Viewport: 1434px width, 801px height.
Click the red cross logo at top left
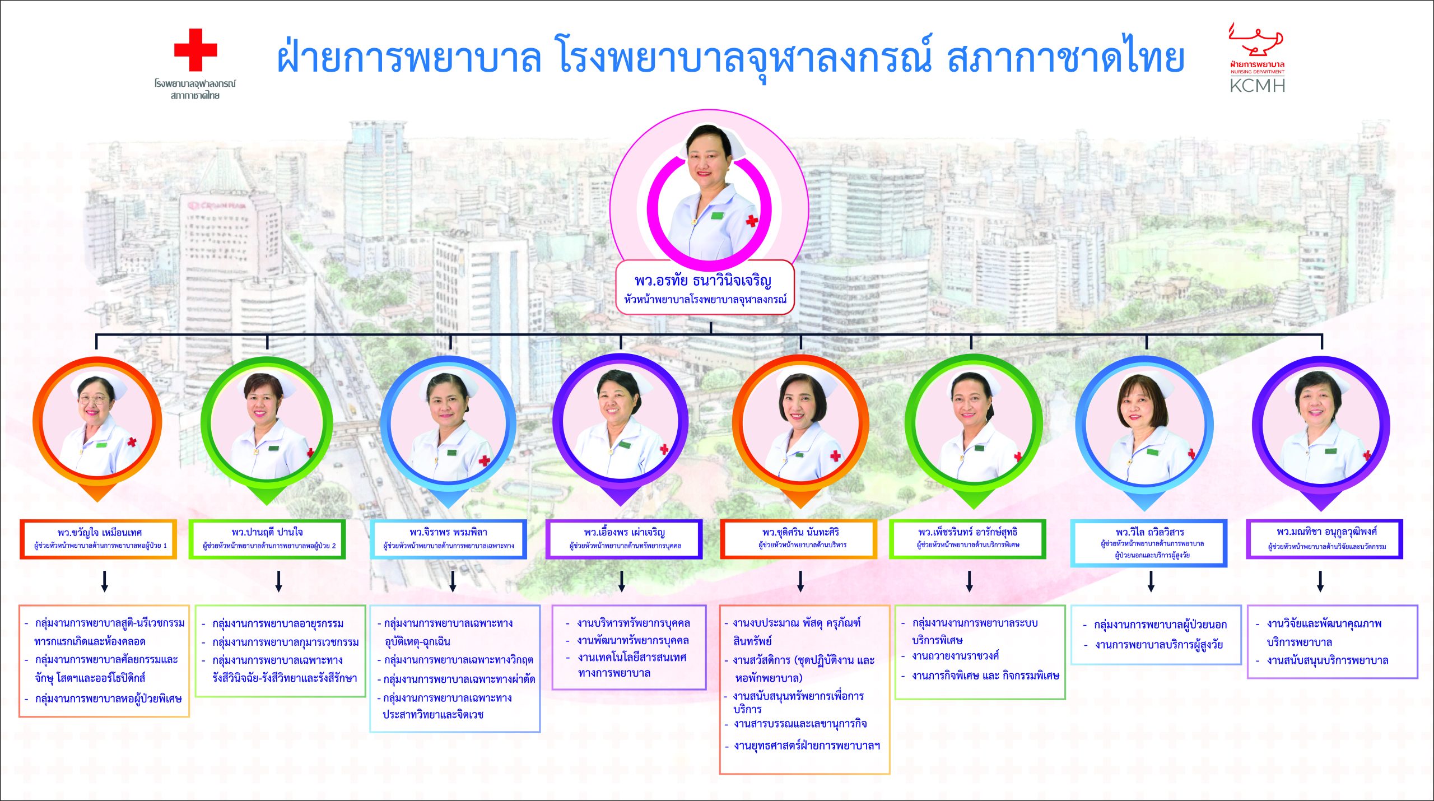click(195, 50)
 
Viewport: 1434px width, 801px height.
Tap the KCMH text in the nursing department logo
click(1257, 86)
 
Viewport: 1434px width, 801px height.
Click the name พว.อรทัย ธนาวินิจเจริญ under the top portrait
click(704, 280)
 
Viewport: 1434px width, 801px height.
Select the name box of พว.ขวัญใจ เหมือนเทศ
click(99, 539)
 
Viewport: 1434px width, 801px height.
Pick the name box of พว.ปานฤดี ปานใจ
click(267, 539)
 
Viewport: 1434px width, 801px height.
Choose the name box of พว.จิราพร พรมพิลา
click(448, 539)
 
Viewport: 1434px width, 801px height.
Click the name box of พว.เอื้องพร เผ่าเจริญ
click(624, 539)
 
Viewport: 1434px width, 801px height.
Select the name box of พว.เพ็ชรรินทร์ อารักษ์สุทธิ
click(967, 539)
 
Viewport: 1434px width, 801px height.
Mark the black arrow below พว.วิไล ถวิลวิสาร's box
click(1151, 581)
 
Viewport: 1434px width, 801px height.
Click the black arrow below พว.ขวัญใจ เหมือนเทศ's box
click(105, 581)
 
